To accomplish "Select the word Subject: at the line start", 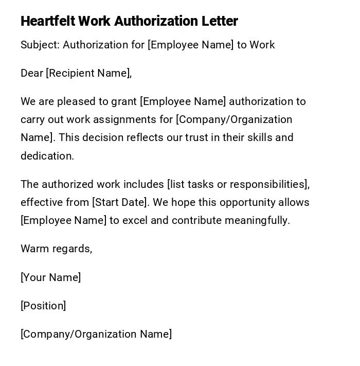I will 40,45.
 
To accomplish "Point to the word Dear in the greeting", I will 32,73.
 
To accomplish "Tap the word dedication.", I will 47,156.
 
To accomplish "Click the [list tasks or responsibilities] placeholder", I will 238,184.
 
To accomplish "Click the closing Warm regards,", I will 56,249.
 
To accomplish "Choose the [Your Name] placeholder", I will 50,277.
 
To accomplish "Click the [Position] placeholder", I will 43,306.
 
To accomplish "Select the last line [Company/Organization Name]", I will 96,334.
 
